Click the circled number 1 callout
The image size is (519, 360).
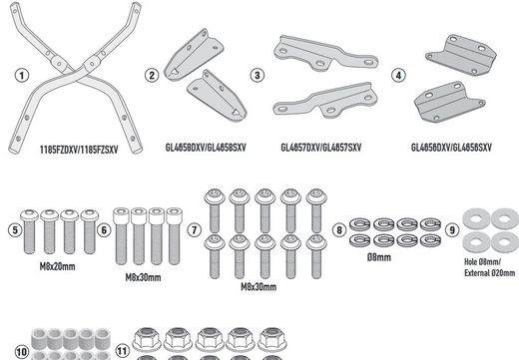click(x=22, y=76)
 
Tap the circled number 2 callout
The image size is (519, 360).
click(x=152, y=75)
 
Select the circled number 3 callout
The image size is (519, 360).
click(x=258, y=75)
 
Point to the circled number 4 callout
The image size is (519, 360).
click(x=398, y=75)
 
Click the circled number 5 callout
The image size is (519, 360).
click(x=15, y=230)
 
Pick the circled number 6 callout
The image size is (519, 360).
click(x=104, y=230)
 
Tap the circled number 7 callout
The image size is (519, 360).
click(x=195, y=230)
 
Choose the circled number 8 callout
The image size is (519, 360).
click(x=339, y=230)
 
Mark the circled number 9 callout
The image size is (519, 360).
click(x=452, y=230)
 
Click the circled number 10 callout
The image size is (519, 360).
click(x=22, y=352)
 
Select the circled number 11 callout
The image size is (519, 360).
click(x=123, y=351)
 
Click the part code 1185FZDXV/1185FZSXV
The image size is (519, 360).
click(x=79, y=150)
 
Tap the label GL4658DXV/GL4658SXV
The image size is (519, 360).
click(x=206, y=148)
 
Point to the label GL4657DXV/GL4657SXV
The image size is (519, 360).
click(x=321, y=148)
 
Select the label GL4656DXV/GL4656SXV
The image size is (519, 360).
click(x=451, y=148)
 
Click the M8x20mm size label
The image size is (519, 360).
click(x=57, y=266)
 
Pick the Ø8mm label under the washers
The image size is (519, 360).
click(x=379, y=257)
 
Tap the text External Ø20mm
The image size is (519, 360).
click(x=490, y=273)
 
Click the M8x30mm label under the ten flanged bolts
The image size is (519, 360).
click(x=259, y=287)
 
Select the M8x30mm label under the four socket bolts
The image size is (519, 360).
click(x=143, y=277)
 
